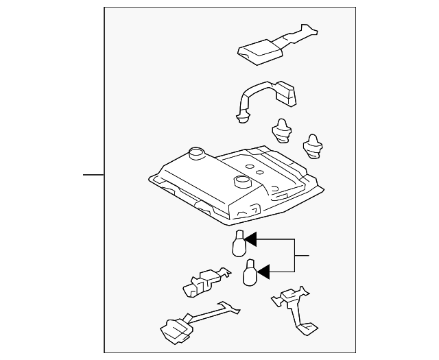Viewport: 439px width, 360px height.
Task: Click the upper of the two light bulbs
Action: pyautogui.click(x=238, y=245)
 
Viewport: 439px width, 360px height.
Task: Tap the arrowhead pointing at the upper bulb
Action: pyautogui.click(x=250, y=239)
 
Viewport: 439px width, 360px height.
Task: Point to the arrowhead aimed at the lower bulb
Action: pyautogui.click(x=263, y=271)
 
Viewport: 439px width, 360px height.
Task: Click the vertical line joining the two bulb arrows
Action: pyautogui.click(x=295, y=255)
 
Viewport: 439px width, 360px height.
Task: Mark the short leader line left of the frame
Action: pyautogui.click(x=93, y=175)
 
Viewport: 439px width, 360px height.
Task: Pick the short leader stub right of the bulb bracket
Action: pyautogui.click(x=302, y=256)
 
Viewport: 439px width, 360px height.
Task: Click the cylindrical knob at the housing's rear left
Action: pyautogui.click(x=195, y=153)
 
